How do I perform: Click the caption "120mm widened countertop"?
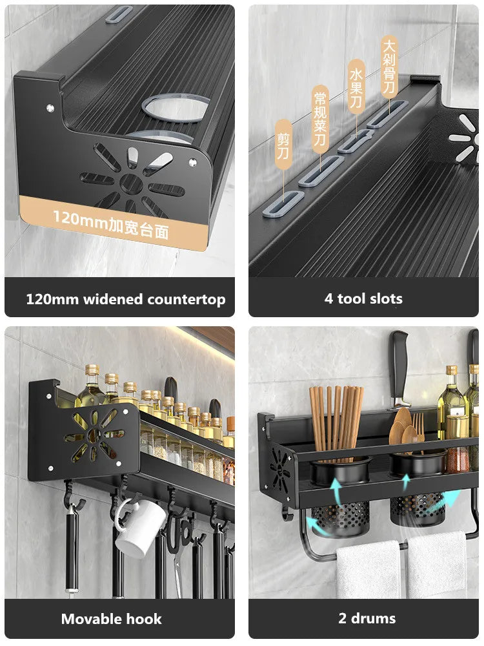pyautogui.click(x=126, y=299)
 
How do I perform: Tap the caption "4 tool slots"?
pyautogui.click(x=363, y=298)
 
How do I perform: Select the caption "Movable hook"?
pyautogui.click(x=111, y=619)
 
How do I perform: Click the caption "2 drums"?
pyautogui.click(x=367, y=618)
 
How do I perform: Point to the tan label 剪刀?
pyautogui.click(x=283, y=146)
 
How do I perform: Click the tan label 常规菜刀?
pyautogui.click(x=320, y=120)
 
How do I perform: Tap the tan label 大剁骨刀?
pyautogui.click(x=389, y=65)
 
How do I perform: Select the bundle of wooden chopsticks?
pyautogui.click(x=336, y=420)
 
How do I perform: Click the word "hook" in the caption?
pyautogui.click(x=145, y=619)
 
